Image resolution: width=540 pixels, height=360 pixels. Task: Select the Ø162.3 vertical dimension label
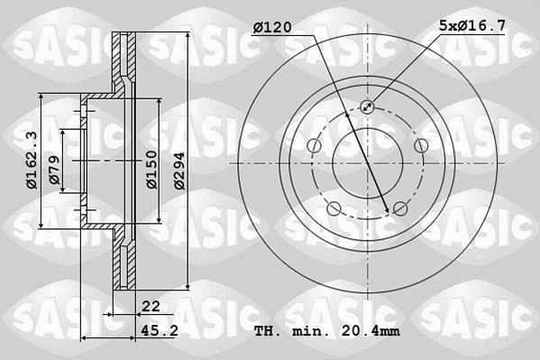point(32,161)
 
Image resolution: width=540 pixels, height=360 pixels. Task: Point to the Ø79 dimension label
point(55,171)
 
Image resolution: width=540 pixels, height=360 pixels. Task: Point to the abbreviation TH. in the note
point(268,331)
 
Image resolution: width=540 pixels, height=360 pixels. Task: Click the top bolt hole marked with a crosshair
point(367,107)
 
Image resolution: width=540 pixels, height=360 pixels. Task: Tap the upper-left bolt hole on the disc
point(314,146)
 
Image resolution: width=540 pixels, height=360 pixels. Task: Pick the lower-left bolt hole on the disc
point(334,209)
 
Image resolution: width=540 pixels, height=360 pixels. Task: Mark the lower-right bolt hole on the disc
point(399,209)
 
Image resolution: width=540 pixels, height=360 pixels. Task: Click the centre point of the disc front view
point(367,163)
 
